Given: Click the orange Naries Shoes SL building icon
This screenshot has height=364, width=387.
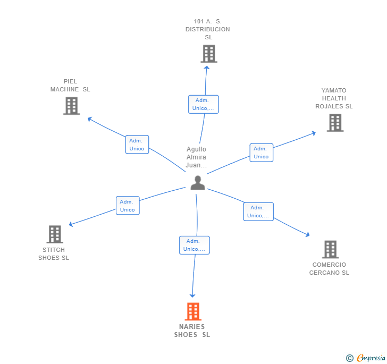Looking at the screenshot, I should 192,311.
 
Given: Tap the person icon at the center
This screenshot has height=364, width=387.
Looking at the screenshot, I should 198,183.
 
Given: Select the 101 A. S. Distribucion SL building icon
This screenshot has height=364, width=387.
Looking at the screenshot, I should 209,54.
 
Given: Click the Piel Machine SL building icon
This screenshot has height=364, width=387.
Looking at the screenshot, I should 71,106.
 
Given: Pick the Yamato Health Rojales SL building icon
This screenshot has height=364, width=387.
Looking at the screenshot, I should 335,123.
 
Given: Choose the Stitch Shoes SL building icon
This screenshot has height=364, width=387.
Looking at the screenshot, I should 55,234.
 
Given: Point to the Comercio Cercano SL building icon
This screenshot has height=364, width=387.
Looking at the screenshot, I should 330,249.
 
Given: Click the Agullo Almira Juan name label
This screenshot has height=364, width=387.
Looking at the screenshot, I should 196,157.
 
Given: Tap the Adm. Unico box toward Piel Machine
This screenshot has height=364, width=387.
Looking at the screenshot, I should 137,145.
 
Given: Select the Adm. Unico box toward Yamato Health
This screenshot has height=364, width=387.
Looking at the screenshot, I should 261,153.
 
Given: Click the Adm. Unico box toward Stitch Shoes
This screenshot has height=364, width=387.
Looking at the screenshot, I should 128,206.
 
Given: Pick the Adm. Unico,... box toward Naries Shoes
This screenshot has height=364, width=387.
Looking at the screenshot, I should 194,245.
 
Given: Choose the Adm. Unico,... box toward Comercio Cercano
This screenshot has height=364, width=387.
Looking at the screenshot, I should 258,211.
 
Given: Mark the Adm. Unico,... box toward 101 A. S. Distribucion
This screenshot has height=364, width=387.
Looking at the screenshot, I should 203,104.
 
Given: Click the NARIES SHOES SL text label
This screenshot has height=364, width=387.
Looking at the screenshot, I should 192,331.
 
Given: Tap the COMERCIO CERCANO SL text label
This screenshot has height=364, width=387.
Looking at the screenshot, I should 329,269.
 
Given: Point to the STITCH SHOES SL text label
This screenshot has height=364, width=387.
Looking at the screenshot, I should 54,254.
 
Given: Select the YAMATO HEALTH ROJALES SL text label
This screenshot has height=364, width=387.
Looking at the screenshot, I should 334,98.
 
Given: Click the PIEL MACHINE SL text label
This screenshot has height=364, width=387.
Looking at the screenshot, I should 70,86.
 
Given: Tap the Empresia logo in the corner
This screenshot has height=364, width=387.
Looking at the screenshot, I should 366,358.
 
